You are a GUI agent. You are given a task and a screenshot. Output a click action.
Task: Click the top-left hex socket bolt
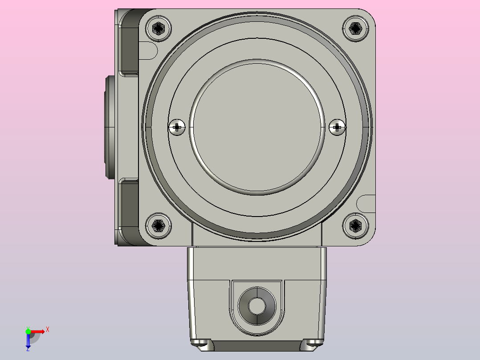click(158, 29)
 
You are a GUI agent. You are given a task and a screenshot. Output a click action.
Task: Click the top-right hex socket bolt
click(355, 29)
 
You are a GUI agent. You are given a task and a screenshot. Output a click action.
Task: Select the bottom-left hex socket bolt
click(158, 226)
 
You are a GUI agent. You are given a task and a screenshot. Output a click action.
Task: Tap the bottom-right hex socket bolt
click(355, 226)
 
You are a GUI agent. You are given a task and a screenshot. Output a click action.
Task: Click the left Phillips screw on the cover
click(177, 127)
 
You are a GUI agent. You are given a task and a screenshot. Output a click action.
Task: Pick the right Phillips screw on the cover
click(337, 127)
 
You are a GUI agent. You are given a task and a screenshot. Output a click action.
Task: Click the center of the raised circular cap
click(257, 127)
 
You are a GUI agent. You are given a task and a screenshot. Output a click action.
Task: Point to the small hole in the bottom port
click(257, 306)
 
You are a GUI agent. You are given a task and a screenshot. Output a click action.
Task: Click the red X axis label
click(48, 330)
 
